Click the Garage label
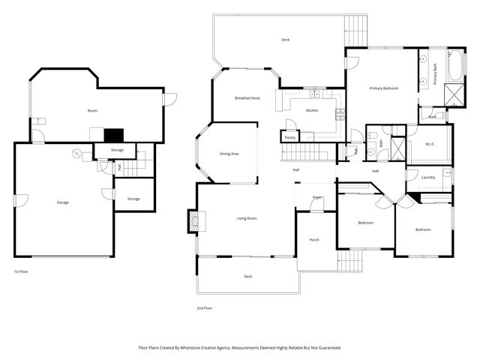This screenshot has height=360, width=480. tap(62, 202)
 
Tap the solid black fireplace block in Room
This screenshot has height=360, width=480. tap(112, 135)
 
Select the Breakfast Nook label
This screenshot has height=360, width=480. tap(247, 98)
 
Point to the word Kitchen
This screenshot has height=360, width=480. tap(312, 110)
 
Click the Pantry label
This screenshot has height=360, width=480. tap(289, 137)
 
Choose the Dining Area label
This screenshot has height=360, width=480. tap(229, 154)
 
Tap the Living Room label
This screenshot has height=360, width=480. tap(247, 218)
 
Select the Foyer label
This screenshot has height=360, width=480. tap(317, 197)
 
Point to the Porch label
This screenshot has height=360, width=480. tap(314, 240)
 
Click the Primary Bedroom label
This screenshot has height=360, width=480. tap(383, 88)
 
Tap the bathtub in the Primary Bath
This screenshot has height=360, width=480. tap(456, 67)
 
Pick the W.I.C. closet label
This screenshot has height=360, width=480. tap(430, 144)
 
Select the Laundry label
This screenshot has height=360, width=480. tap(428, 177)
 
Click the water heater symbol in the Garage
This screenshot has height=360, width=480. tap(76, 154)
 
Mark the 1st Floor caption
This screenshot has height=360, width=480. tap(21, 271)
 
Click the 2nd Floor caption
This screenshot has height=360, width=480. tap(204, 307)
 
